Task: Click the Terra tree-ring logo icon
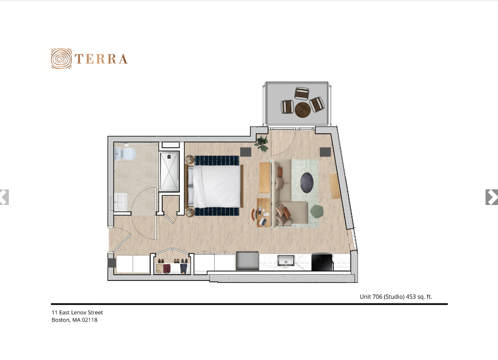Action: point(61,58)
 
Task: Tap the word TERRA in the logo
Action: point(101,59)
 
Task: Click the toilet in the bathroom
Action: point(125,153)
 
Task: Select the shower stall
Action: point(169,171)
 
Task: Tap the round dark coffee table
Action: point(307,183)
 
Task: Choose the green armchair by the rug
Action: point(317,211)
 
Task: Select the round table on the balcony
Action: point(303,110)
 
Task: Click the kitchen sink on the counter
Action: point(286,261)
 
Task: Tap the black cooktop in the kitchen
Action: point(322,262)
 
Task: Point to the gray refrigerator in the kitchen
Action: point(247,261)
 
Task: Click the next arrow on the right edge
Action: point(492,197)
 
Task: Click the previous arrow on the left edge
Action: point(4,197)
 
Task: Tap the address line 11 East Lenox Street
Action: point(77,312)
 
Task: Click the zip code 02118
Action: point(90,320)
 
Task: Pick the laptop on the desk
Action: point(263,222)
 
